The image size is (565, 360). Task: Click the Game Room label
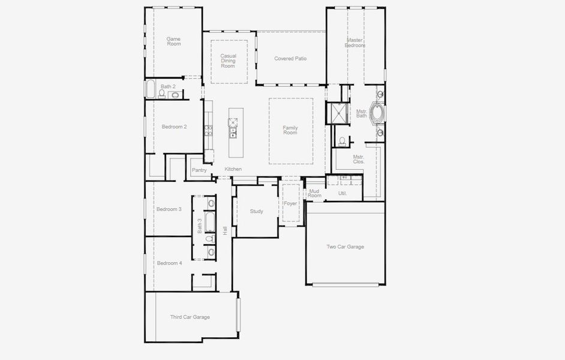[173, 41]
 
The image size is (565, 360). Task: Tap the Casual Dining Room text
[228, 61]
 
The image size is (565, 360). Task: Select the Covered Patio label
[290, 59]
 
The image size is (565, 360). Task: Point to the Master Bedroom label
[355, 43]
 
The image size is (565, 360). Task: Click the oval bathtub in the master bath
[378, 112]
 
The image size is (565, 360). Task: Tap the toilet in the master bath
[342, 141]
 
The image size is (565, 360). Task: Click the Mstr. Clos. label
[359, 159]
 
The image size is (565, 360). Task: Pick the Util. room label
[342, 193]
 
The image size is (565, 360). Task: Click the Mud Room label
[314, 193]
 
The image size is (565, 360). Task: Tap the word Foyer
[291, 204]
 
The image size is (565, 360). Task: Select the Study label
[257, 211]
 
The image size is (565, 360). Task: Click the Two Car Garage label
[345, 247]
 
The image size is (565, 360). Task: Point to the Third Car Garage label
[190, 317]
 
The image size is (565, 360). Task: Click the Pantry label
[199, 170]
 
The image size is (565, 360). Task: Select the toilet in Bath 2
[162, 94]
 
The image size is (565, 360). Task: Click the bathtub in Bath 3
[211, 223]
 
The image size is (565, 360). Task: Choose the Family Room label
[290, 130]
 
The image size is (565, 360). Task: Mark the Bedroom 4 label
[169, 263]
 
